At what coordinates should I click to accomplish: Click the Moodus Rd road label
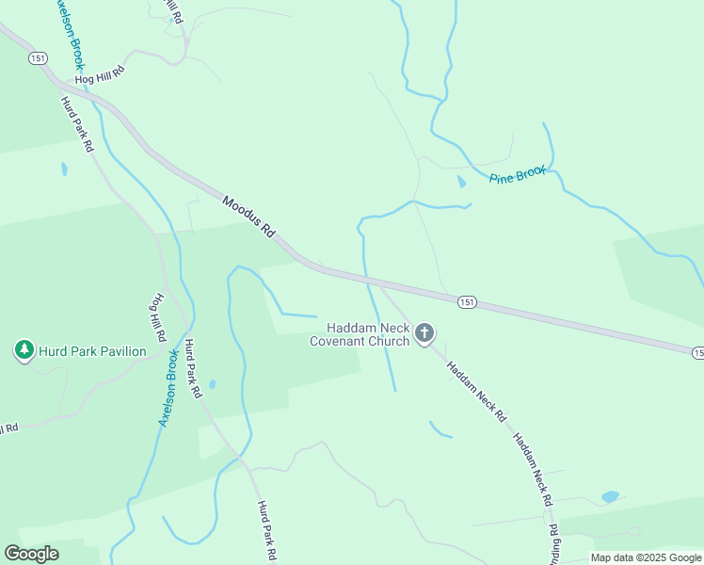click(248, 216)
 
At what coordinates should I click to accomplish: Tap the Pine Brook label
click(517, 175)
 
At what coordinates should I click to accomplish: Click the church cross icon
click(424, 332)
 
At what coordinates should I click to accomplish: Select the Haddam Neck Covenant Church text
click(360, 334)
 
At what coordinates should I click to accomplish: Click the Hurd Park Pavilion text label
click(92, 352)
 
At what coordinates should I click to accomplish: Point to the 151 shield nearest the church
click(467, 302)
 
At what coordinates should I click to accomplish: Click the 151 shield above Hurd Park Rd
click(38, 58)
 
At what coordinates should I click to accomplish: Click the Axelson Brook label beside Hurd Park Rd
click(169, 388)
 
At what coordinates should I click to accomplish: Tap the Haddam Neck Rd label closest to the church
click(475, 391)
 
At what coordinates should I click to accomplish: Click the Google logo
click(31, 554)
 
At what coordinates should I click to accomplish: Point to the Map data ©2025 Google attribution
click(646, 557)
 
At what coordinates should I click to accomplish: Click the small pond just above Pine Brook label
click(461, 181)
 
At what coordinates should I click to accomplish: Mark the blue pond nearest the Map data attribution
click(610, 496)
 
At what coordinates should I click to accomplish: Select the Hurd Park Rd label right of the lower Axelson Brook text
click(194, 369)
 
